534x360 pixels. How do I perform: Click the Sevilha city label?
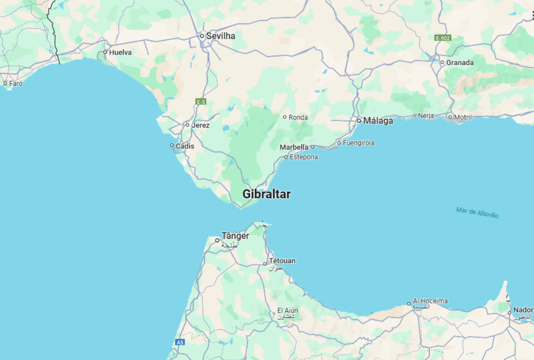coord(220,36)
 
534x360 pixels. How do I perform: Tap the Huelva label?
coord(120,52)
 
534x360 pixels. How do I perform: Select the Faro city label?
coord(16,84)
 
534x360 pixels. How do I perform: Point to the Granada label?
coord(460,63)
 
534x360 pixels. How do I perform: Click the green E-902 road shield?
coord(443,38)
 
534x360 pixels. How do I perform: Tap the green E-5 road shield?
coord(201,102)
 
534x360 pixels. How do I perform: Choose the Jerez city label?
coord(201,125)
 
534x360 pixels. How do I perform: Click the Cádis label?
coord(185,146)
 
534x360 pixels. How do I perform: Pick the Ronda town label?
coord(298,117)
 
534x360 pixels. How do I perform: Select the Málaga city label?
coord(378,121)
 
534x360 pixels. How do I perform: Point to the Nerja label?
coord(426,116)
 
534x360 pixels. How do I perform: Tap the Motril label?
coord(463,117)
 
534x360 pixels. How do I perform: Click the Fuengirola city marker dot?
coord(339,143)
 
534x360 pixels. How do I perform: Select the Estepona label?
coord(304,157)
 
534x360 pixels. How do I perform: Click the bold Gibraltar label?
coord(267,194)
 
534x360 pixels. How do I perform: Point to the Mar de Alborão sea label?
coord(477,212)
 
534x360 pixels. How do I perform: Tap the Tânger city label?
coord(235,236)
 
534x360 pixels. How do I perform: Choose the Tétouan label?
coord(282,261)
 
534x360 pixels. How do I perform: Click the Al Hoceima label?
coord(430,301)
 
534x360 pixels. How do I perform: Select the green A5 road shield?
coord(180,342)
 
